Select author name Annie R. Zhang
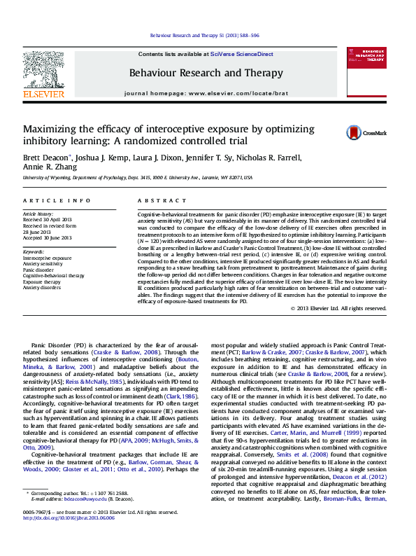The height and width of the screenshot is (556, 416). coord(51,167)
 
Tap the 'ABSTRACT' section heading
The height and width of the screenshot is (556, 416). coord(157,200)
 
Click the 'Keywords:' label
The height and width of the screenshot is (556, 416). coord(34,251)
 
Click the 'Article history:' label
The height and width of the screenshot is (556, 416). coord(38,213)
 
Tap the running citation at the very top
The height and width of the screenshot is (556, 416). coord(205,36)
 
